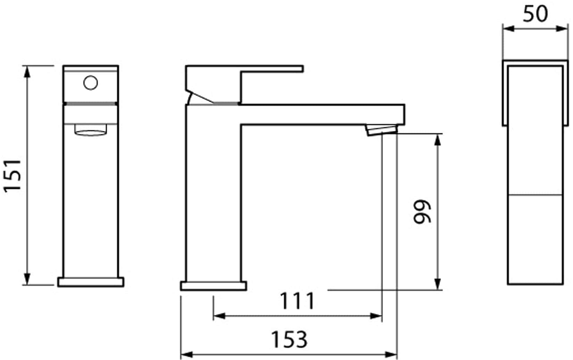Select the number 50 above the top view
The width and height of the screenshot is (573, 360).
(535, 14)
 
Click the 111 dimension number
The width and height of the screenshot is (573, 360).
(297, 301)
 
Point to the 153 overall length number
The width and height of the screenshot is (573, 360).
(289, 339)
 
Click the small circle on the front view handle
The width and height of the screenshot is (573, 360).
(91, 83)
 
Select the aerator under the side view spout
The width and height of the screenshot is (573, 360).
(381, 131)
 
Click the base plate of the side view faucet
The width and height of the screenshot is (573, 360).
(213, 286)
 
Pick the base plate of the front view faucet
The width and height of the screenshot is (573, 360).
(91, 282)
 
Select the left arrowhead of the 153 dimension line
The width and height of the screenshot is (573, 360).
(186, 355)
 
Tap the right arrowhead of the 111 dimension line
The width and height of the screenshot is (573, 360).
(377, 316)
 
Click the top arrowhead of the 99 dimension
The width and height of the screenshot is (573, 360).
(438, 139)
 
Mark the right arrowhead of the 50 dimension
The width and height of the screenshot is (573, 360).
(563, 28)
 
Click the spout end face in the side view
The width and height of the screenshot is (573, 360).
(404, 114)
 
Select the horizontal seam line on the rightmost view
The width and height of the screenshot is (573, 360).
(535, 195)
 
